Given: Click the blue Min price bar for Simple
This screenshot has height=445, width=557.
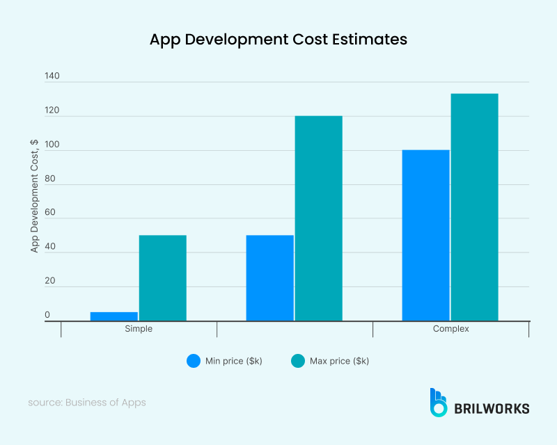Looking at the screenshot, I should [114, 316].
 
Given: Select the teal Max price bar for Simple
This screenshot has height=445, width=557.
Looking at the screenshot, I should [163, 278].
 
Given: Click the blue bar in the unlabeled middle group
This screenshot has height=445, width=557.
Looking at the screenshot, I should [270, 278].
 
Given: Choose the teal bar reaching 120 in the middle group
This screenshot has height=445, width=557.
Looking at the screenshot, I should [319, 218].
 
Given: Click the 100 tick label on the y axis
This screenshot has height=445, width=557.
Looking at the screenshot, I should [52, 145].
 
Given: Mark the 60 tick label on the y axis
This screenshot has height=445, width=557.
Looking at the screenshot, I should [50, 213].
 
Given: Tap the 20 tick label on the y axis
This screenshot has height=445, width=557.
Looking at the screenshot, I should [50, 281].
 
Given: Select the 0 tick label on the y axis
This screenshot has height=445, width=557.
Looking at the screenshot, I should [47, 315].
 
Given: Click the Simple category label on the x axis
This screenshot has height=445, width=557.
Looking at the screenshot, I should [139, 329].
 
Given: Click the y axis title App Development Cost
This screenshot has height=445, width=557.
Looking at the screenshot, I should [34, 195].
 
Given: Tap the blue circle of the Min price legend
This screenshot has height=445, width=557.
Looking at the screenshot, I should [194, 361].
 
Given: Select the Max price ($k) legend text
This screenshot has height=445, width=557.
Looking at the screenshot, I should [339, 361].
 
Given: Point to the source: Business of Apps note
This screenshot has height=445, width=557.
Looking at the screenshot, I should [87, 403].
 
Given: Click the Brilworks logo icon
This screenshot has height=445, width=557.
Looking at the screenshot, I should [438, 403].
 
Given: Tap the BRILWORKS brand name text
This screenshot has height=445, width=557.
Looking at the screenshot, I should [491, 408].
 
